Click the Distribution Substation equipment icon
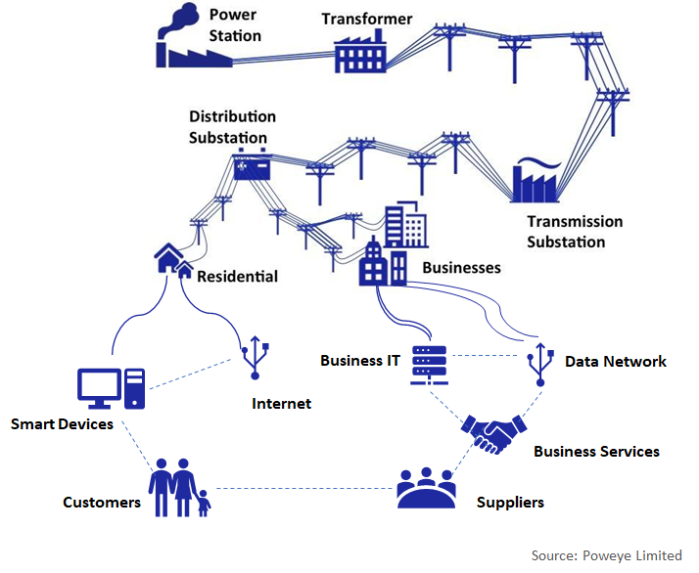pos(252,168)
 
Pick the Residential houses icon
pos(171,261)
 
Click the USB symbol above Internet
pos(255,358)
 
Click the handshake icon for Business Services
pos(494,432)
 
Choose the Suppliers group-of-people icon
pos(426,488)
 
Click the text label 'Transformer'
pos(368,19)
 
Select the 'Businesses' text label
pos(461,267)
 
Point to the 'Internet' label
pos(281,403)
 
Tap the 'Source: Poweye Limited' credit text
pos(606,555)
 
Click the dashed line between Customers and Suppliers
pos(303,488)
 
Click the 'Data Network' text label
pos(615,361)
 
